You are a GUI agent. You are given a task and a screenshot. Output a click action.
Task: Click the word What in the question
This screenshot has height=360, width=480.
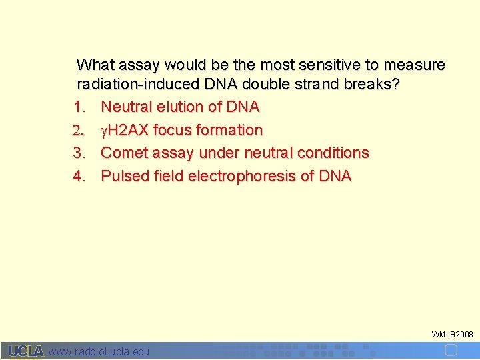(x=96, y=65)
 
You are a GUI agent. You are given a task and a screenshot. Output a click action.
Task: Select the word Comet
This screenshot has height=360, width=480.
(x=124, y=153)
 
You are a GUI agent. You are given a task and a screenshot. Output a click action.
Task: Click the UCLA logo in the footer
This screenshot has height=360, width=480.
(x=26, y=351)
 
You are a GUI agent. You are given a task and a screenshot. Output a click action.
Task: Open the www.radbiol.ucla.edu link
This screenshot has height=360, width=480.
(x=99, y=351)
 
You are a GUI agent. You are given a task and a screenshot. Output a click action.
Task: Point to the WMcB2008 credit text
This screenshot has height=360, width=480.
(x=453, y=333)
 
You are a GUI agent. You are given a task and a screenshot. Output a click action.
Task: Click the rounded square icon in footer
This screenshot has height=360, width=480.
(x=451, y=350)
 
